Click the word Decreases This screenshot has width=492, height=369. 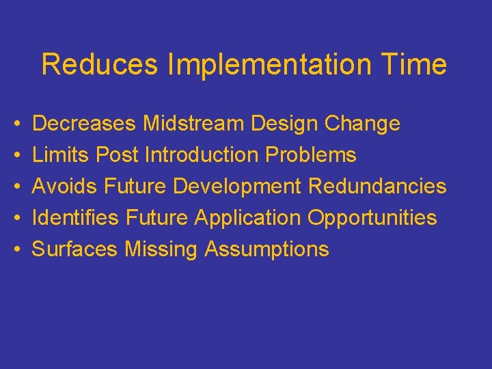[x=85, y=124]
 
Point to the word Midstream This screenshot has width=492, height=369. [x=193, y=124]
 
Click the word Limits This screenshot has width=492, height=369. [x=61, y=155]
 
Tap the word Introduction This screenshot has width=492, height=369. [x=202, y=155]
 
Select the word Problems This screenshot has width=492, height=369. [x=311, y=155]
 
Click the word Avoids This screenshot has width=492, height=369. [x=66, y=187]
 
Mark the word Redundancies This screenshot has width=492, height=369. [x=377, y=187]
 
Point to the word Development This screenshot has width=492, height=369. [x=237, y=187]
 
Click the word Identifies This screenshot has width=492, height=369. [x=76, y=218]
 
